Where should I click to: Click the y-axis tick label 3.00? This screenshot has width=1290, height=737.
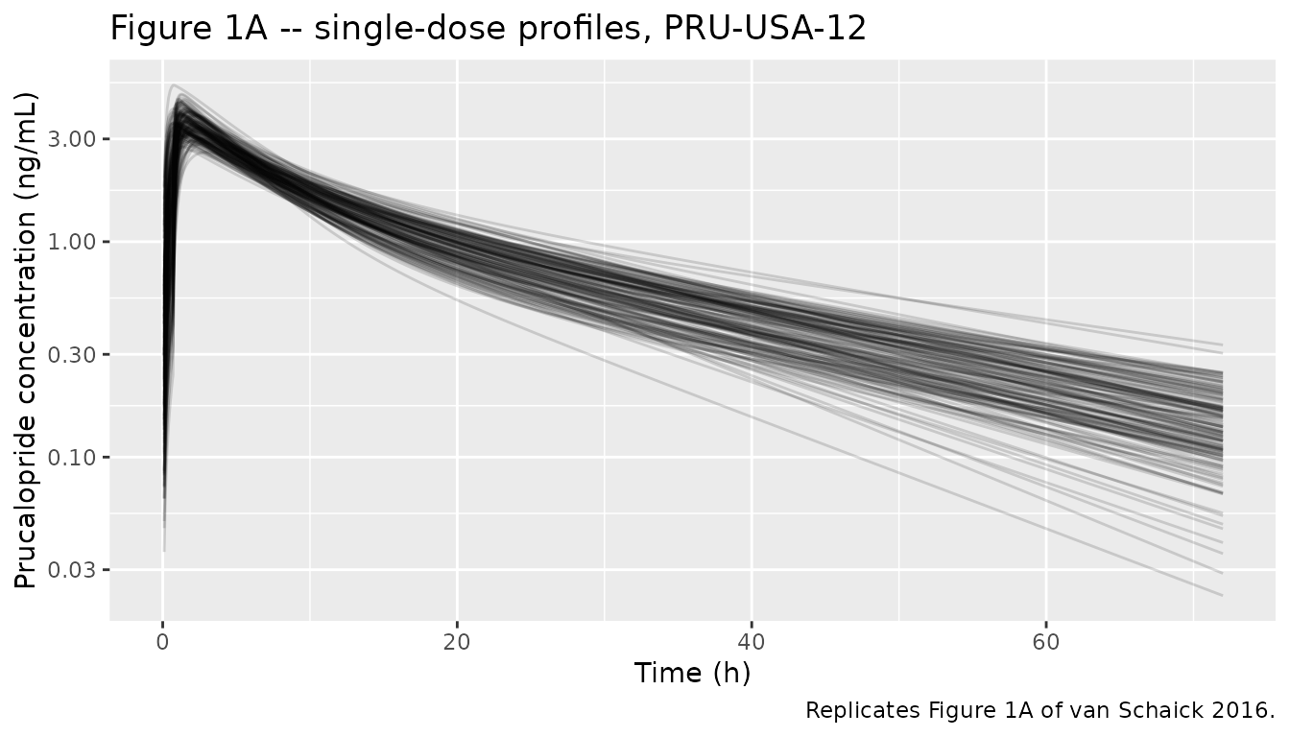coord(71,139)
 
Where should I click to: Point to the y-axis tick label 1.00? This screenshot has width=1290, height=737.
coord(71,243)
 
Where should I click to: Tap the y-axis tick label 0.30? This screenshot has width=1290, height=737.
coord(71,355)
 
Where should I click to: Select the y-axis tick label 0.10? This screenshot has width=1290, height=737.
coord(71,458)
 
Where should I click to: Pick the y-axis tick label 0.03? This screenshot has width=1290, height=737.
coord(71,570)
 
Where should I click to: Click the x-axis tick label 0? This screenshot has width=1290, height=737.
coord(163,642)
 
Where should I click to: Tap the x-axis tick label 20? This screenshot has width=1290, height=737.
coord(457,642)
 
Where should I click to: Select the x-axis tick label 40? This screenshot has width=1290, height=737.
coord(752,642)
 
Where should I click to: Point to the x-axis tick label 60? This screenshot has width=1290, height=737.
coord(1046,642)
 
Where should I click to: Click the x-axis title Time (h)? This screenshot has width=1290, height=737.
coord(692,673)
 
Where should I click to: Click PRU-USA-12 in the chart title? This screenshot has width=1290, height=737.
coord(765,28)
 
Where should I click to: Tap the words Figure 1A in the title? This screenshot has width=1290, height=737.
coord(188,29)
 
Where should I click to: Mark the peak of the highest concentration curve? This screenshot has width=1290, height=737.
coord(173,84)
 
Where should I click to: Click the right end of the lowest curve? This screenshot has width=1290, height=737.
coord(1222,595)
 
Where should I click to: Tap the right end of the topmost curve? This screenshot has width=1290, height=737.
coord(1222,345)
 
